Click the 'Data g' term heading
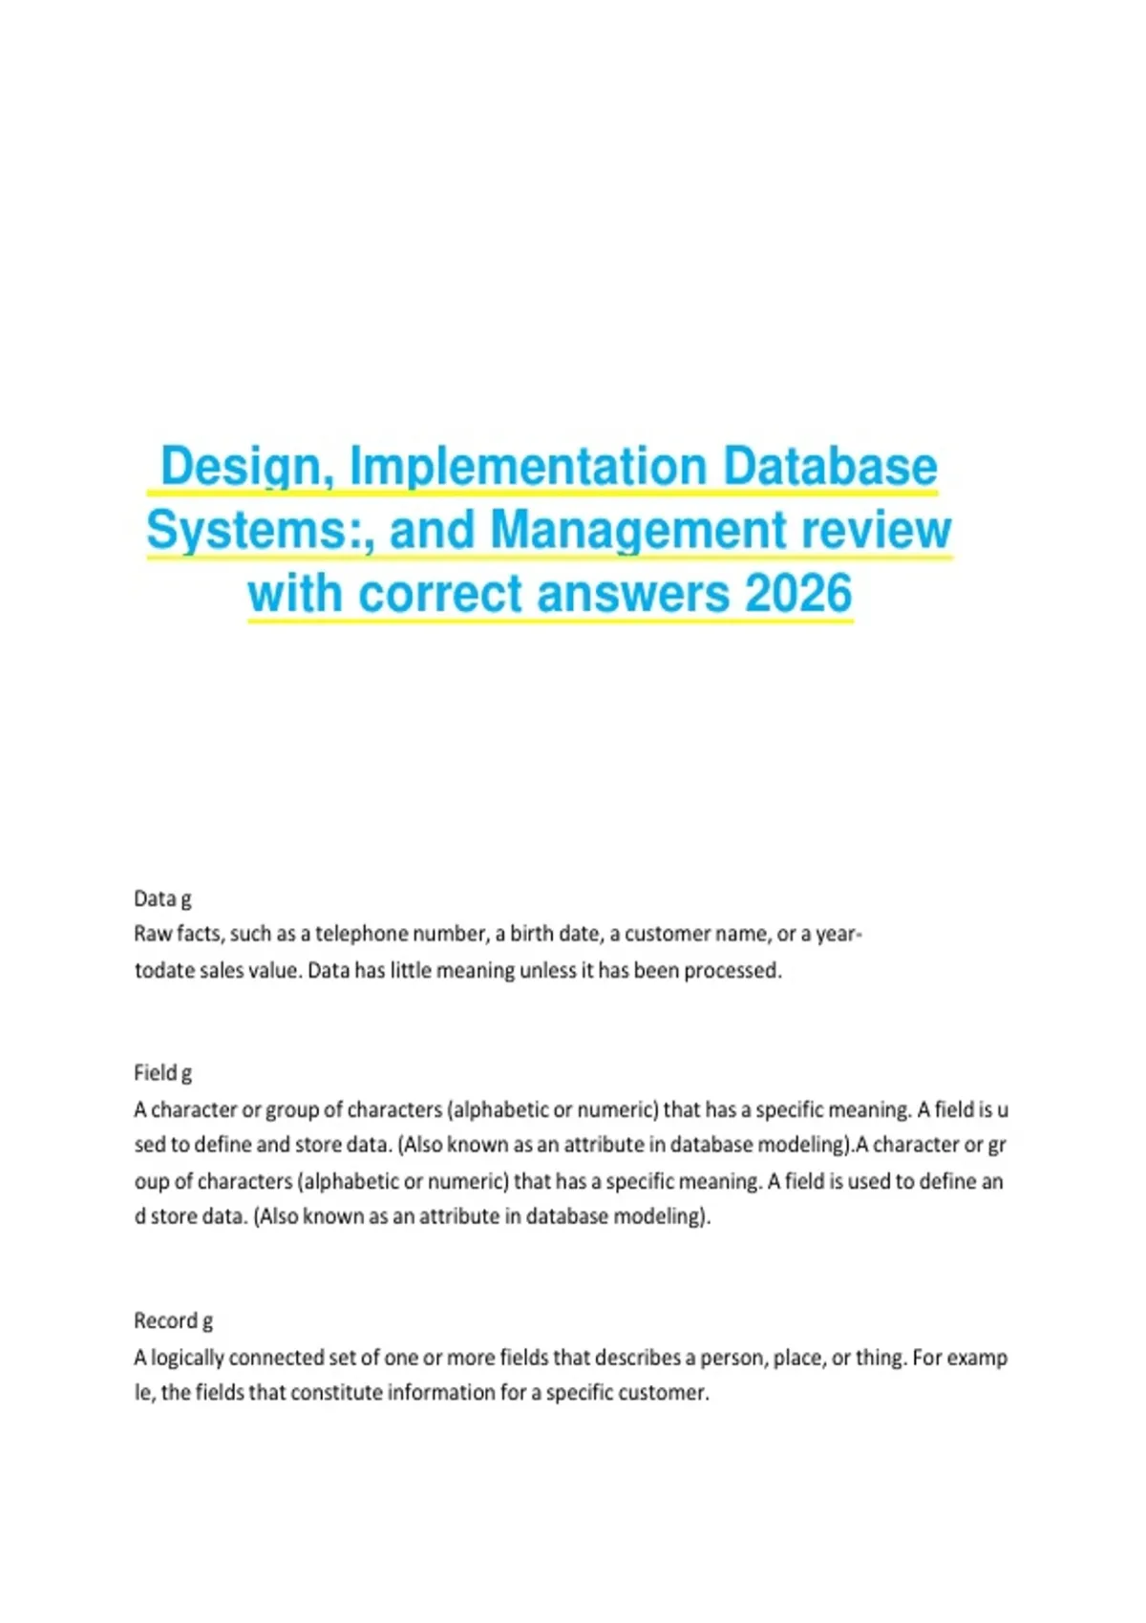point(162,898)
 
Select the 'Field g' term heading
point(162,1073)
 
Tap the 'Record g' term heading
point(173,1321)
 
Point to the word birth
point(535,934)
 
